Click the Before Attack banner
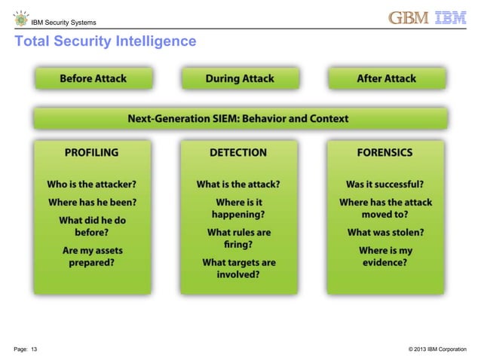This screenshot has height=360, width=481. (93, 78)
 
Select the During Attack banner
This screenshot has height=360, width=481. (239, 78)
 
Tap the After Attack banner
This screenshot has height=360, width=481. (387, 78)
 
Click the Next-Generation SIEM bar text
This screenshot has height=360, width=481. (238, 118)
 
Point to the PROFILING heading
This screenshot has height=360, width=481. (91, 152)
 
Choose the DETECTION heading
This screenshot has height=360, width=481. (238, 152)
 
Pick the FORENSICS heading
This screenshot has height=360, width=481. (384, 152)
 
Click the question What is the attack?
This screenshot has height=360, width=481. (238, 184)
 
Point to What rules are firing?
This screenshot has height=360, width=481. (238, 239)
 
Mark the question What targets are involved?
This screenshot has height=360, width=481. (238, 269)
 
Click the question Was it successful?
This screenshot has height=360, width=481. (384, 184)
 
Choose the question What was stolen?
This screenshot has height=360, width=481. (384, 233)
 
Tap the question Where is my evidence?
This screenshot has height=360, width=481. (384, 257)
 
